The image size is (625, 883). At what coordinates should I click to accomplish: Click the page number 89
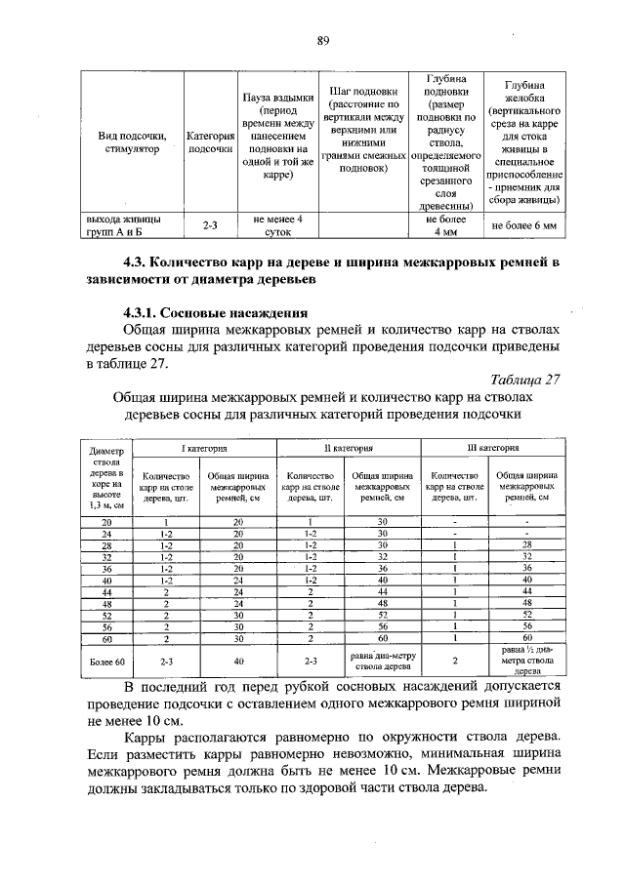point(321,40)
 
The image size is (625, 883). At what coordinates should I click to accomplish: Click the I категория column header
point(203,447)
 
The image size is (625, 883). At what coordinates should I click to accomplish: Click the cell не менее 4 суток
point(271,226)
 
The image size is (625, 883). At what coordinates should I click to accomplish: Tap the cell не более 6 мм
point(523,226)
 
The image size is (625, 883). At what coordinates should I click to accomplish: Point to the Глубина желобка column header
point(523,142)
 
